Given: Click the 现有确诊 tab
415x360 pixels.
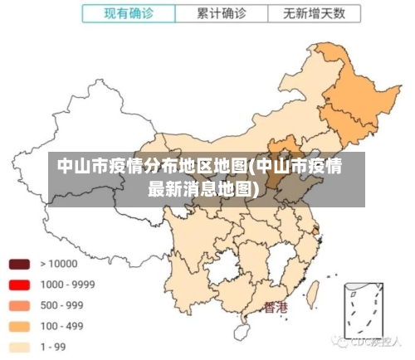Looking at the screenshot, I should click(x=128, y=13).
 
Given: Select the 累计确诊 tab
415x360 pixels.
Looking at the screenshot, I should click(x=221, y=13).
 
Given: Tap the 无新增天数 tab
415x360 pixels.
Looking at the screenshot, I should click(x=315, y=13).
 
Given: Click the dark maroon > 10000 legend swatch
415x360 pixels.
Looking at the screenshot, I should click(x=19, y=264).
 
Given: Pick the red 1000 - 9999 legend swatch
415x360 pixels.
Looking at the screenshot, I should click(x=19, y=285).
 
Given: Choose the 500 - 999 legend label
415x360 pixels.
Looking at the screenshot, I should click(x=62, y=305).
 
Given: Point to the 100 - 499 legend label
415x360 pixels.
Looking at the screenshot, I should click(x=62, y=326).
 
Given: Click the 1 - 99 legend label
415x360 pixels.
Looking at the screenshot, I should click(x=54, y=347).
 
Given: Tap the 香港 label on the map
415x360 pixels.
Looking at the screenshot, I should click(x=276, y=308).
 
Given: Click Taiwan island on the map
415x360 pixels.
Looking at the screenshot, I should click(x=314, y=291).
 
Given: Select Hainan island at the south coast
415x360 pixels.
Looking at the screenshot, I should click(x=242, y=331).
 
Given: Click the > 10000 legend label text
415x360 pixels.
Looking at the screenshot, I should click(x=59, y=264).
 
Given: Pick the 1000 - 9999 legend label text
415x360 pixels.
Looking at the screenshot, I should click(x=67, y=285).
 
